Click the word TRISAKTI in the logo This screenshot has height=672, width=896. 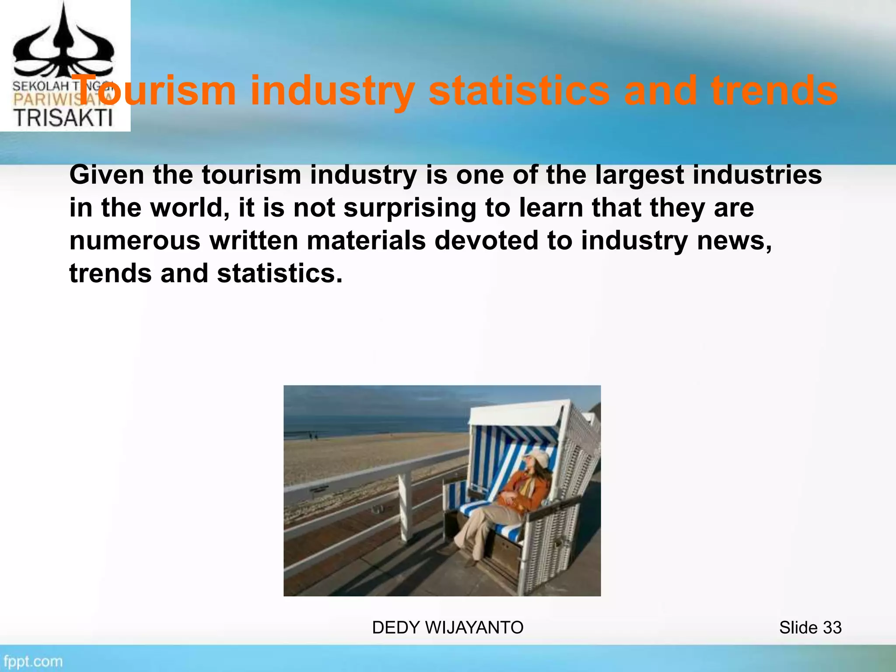tap(63, 118)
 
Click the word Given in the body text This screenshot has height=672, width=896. tap(107, 175)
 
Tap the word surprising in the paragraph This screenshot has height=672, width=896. tap(409, 208)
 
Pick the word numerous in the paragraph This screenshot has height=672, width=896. tap(134, 241)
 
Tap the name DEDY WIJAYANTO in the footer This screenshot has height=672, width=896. tap(448, 627)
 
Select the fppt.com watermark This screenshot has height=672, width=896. tap(33, 661)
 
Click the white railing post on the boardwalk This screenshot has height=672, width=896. tap(405, 507)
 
